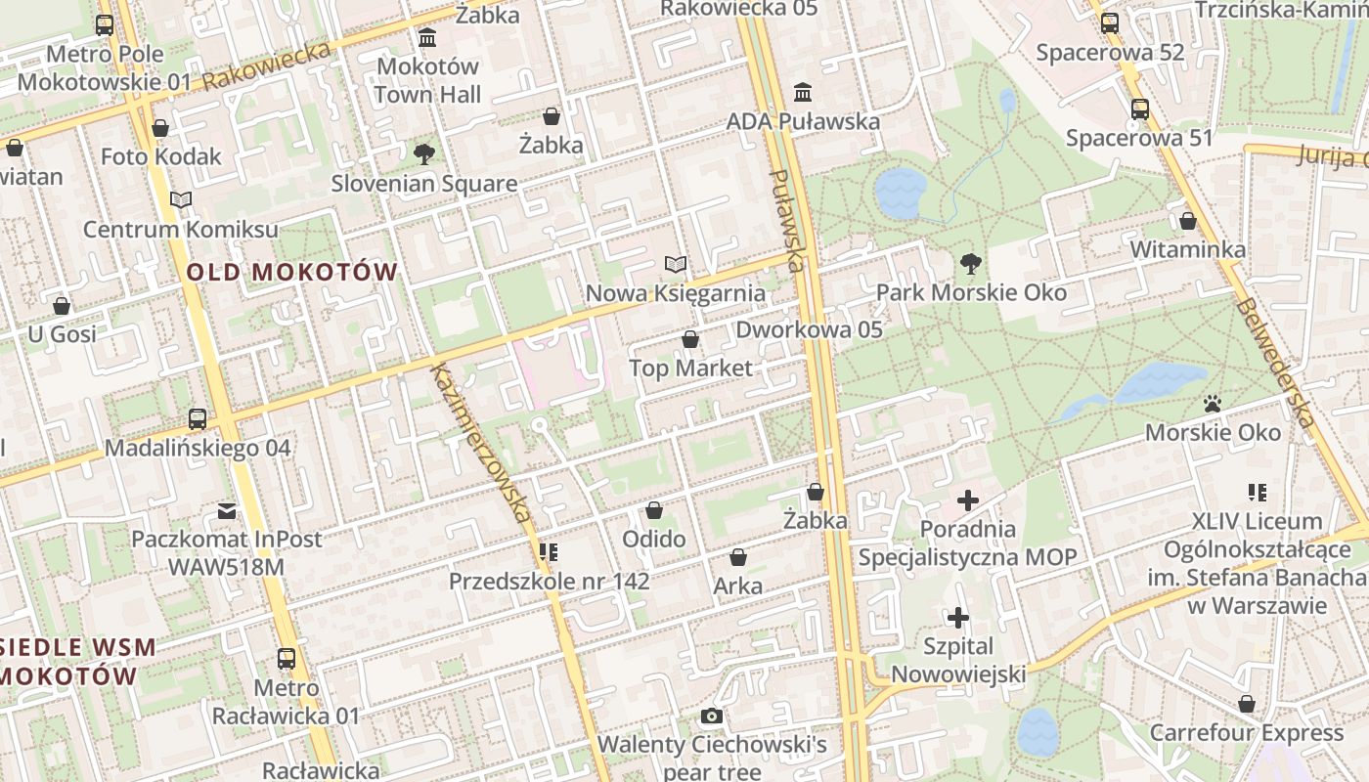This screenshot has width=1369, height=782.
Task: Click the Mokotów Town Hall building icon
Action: [427, 38]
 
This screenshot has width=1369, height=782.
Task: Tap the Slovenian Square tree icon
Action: [423, 153]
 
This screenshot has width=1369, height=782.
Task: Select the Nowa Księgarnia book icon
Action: [675, 264]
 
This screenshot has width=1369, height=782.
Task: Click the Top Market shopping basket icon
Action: [690, 339]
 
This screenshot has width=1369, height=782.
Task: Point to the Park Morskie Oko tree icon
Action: [970, 263]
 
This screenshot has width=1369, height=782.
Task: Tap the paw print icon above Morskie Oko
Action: [1213, 403]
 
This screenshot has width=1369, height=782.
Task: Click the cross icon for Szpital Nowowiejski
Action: [958, 618]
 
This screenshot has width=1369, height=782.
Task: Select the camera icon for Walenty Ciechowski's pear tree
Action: [712, 717]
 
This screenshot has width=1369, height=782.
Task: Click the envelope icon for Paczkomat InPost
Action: [227, 510]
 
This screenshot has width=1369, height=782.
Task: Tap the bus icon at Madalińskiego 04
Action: [198, 419]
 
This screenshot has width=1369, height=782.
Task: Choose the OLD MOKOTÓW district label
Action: [291, 272]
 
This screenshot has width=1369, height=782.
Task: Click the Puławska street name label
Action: [787, 220]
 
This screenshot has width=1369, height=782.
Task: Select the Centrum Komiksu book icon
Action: [180, 200]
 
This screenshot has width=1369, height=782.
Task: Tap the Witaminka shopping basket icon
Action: [1187, 221]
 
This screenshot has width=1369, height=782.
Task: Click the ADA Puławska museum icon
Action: [803, 92]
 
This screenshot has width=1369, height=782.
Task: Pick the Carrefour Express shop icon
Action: [1246, 704]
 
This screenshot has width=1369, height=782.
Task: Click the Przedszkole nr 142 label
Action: [549, 581]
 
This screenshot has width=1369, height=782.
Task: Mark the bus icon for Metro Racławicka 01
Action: [286, 659]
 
